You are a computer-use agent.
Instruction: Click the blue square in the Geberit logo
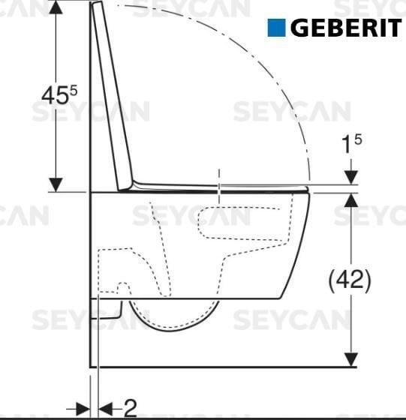point(277,28)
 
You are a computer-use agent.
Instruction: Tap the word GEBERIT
point(344,28)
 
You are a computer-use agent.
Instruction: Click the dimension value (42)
point(350,280)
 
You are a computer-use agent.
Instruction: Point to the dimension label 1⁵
point(348,145)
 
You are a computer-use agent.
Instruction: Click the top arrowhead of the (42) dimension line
point(350,199)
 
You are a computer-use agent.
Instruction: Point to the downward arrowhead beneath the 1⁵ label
point(350,177)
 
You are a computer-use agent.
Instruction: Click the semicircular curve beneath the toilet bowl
point(175,322)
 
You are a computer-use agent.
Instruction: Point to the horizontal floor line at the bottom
point(225,367)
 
